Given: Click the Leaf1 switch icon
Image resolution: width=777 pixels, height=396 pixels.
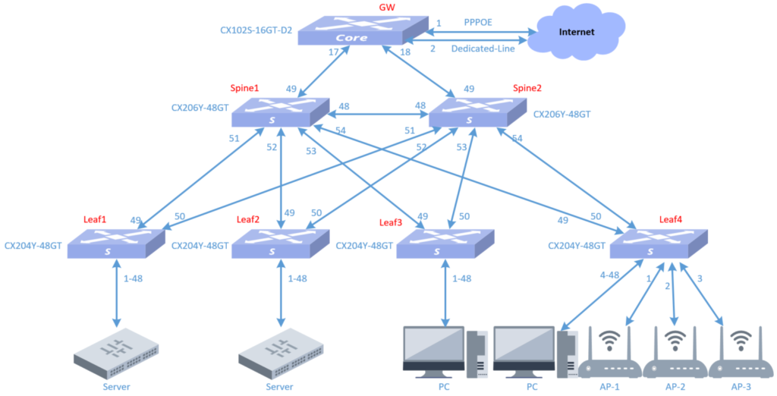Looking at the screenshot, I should coord(116,244).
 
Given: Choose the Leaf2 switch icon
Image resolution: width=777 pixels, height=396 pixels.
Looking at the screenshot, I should coord(281,244).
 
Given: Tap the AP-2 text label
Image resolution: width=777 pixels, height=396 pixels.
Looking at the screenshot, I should coord(675,386).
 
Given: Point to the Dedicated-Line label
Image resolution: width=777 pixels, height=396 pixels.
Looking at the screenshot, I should coord(483,49).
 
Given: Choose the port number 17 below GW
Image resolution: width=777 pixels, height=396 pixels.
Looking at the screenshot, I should coord(333,52).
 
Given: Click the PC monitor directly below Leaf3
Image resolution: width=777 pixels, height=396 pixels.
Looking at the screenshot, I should coord(434,349).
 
